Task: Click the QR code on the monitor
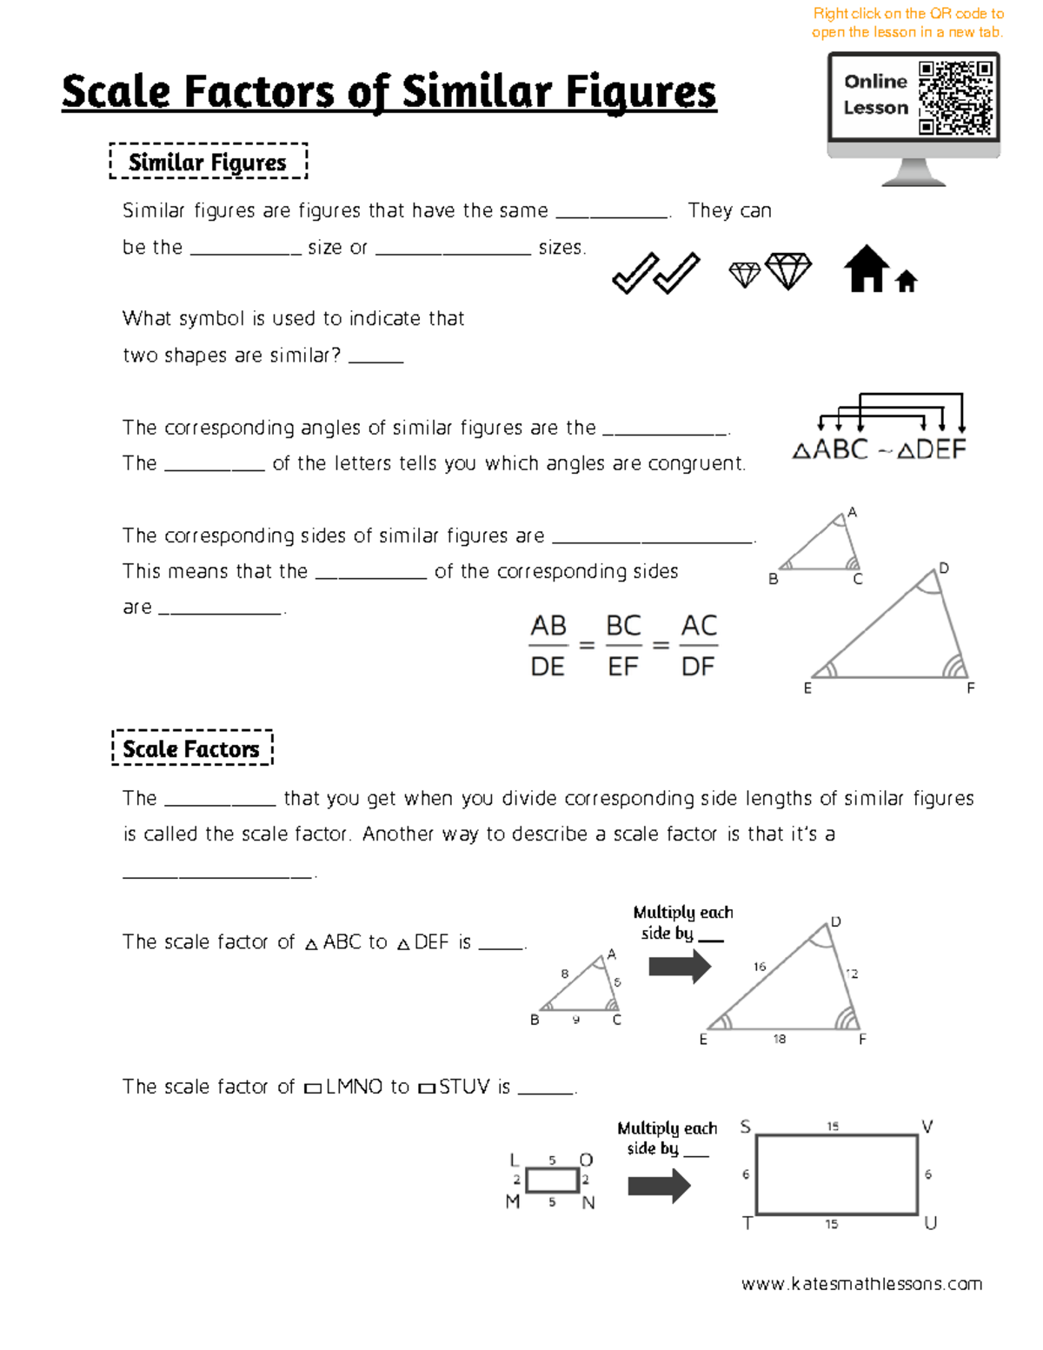pos(955,97)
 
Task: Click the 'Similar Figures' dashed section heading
pos(208,162)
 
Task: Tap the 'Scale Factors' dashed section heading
pos(191,748)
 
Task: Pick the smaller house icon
pos(907,281)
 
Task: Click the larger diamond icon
pos(788,270)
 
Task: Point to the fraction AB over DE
pos(548,646)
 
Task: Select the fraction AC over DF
pos(699,646)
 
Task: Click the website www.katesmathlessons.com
pos(861,1284)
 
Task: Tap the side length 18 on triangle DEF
pos(780,1039)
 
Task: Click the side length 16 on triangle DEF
pos(760,967)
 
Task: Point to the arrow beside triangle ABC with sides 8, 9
pos(680,966)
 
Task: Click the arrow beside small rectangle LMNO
pos(659,1186)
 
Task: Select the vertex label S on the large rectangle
pos(745,1127)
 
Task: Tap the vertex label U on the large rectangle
pos(930,1224)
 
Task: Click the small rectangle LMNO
pos(552,1180)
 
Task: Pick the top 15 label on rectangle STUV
pos(833,1127)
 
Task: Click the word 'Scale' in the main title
pos(116,92)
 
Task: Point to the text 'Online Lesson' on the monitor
pos(875,94)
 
